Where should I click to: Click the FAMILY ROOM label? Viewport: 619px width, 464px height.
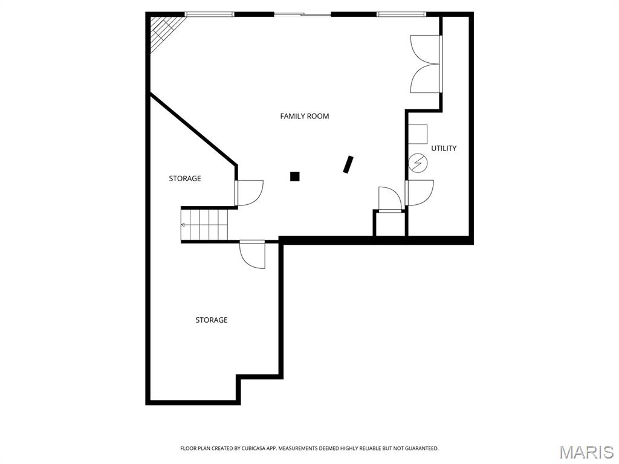(x=305, y=116)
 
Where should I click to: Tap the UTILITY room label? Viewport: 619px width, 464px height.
(x=444, y=148)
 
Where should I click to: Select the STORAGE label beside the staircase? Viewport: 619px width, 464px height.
(x=185, y=179)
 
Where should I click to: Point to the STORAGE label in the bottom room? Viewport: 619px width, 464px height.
(x=212, y=320)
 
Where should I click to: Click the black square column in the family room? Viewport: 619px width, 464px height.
(x=295, y=176)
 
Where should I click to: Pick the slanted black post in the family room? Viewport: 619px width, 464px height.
(x=348, y=164)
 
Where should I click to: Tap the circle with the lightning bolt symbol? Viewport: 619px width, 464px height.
(x=418, y=162)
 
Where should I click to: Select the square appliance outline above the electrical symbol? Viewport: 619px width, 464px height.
(x=418, y=134)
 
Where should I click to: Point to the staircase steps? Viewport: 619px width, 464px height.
(x=206, y=224)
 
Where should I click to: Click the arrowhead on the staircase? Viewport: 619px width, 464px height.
(x=183, y=224)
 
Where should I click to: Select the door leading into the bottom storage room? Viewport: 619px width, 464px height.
(x=253, y=254)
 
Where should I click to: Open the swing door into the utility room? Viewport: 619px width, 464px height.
(x=420, y=193)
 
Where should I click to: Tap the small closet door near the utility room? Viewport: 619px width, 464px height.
(x=389, y=199)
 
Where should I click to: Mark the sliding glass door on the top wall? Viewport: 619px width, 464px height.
(x=302, y=14)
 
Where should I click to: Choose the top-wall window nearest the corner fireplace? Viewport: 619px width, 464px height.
(x=209, y=14)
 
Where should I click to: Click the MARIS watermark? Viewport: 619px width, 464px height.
(x=586, y=451)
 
